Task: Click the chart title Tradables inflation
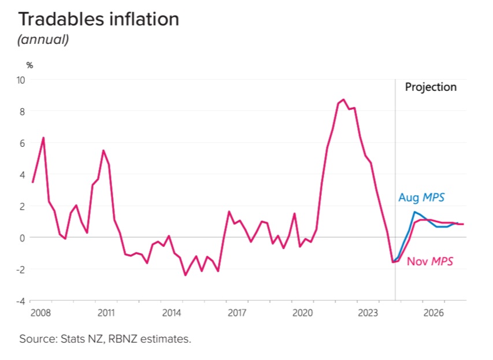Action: point(99,19)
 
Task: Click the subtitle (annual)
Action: point(43,40)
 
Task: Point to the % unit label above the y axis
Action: point(29,65)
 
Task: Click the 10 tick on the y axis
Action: point(20,80)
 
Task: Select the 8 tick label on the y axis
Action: point(22,112)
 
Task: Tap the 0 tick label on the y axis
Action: point(22,237)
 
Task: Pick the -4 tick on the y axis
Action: point(20,300)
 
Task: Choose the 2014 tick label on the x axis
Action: point(171,313)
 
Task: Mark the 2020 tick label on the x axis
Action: point(302,313)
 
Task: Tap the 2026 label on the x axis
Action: point(433,313)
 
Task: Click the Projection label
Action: point(431,87)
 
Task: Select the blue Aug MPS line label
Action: point(421,198)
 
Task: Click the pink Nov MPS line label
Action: point(429,261)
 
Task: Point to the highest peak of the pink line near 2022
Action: point(343,99)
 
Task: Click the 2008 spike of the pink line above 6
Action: point(43,138)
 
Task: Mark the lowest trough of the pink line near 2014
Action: point(185,275)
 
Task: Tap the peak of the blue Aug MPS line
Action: point(414,211)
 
